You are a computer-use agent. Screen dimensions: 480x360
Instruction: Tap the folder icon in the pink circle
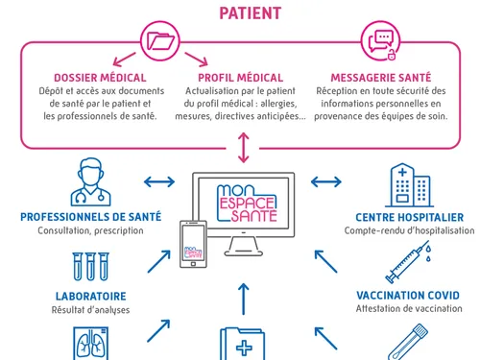tap(160, 42)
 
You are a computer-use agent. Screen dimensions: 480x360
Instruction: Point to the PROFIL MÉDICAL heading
tap(240, 77)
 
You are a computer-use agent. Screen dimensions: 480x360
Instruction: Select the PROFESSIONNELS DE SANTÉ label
tap(90, 217)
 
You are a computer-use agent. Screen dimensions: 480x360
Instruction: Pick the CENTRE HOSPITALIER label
tap(409, 217)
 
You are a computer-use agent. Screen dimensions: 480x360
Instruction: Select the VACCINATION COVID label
tap(409, 295)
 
